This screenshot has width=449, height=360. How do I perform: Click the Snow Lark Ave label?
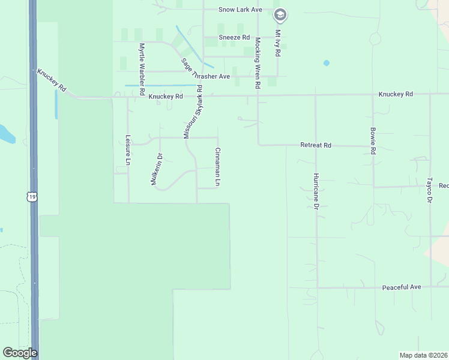(240, 10)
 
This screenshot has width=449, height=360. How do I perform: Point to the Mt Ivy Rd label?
(278, 43)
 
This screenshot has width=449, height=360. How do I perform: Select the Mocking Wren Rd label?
(258, 64)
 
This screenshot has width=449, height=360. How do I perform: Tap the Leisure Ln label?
(128, 149)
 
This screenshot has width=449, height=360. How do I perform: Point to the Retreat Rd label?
(316, 145)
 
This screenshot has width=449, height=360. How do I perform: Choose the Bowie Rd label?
(373, 142)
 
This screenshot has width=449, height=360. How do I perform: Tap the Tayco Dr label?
(430, 189)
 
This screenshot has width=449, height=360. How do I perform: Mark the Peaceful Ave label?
(402, 287)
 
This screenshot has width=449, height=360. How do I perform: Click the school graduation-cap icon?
(280, 14)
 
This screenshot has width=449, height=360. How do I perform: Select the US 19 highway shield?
(32, 196)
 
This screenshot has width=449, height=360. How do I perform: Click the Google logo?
(20, 353)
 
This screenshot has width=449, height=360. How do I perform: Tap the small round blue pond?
(327, 62)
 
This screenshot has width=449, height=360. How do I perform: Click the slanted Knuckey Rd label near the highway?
(52, 82)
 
